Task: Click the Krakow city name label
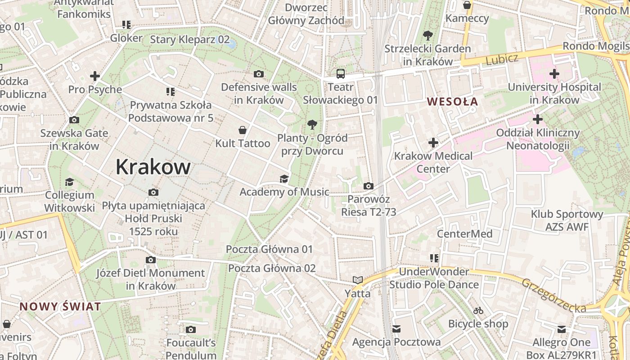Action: pos(153,167)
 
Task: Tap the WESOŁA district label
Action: pos(452,101)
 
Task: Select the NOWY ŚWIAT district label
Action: pos(60,307)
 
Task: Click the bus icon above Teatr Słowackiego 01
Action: pos(341,73)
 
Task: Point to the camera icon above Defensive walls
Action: pos(259,74)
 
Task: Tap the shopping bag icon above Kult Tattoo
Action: pos(243,130)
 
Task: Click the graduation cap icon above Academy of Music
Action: pos(284,179)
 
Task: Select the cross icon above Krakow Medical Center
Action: pos(433,143)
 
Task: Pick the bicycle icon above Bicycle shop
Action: pos(478,310)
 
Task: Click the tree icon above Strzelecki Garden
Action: pos(427,36)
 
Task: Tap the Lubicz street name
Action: pos(502,59)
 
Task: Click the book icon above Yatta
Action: pos(358,280)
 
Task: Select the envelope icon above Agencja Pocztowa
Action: pos(396,329)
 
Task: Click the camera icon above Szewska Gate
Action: pos(74,120)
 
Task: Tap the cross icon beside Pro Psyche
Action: pos(95,76)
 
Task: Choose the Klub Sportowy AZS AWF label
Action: pos(567,220)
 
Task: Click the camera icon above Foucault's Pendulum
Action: pos(191,330)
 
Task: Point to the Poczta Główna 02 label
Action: pos(272,268)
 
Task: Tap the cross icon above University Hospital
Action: pos(554,74)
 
